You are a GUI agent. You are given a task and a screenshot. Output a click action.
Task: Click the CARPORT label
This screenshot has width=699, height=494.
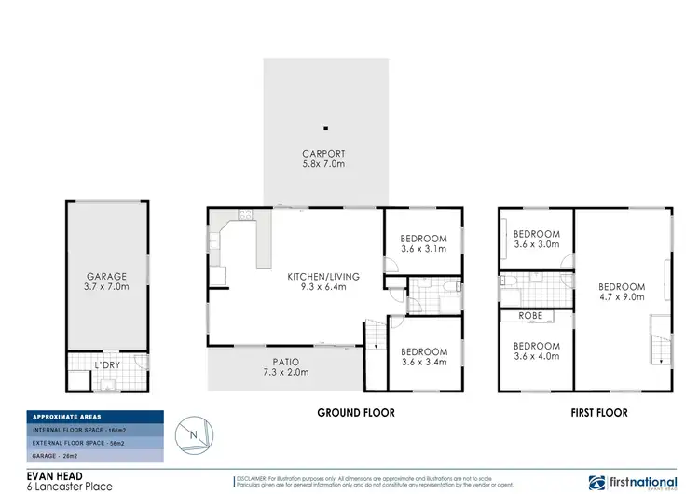pyautogui.click(x=323, y=154)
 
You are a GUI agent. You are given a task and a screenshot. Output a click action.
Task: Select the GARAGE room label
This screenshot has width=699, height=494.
pyautogui.click(x=107, y=278)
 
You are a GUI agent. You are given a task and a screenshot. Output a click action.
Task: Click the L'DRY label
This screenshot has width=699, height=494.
pyautogui.click(x=104, y=364)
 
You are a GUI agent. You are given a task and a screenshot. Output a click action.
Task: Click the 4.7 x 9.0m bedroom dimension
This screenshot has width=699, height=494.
pyautogui.click(x=622, y=297)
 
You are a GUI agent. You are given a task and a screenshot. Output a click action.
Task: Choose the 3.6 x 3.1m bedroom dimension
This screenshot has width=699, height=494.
pyautogui.click(x=423, y=249)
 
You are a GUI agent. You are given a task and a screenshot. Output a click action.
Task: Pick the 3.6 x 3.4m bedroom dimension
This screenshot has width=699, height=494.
pyautogui.click(x=423, y=363)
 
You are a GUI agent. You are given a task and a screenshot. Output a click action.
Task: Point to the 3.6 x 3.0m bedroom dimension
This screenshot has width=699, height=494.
pyautogui.click(x=537, y=245)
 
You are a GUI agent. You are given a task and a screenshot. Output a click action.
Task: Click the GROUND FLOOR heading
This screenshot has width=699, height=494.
pyautogui.click(x=355, y=412)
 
